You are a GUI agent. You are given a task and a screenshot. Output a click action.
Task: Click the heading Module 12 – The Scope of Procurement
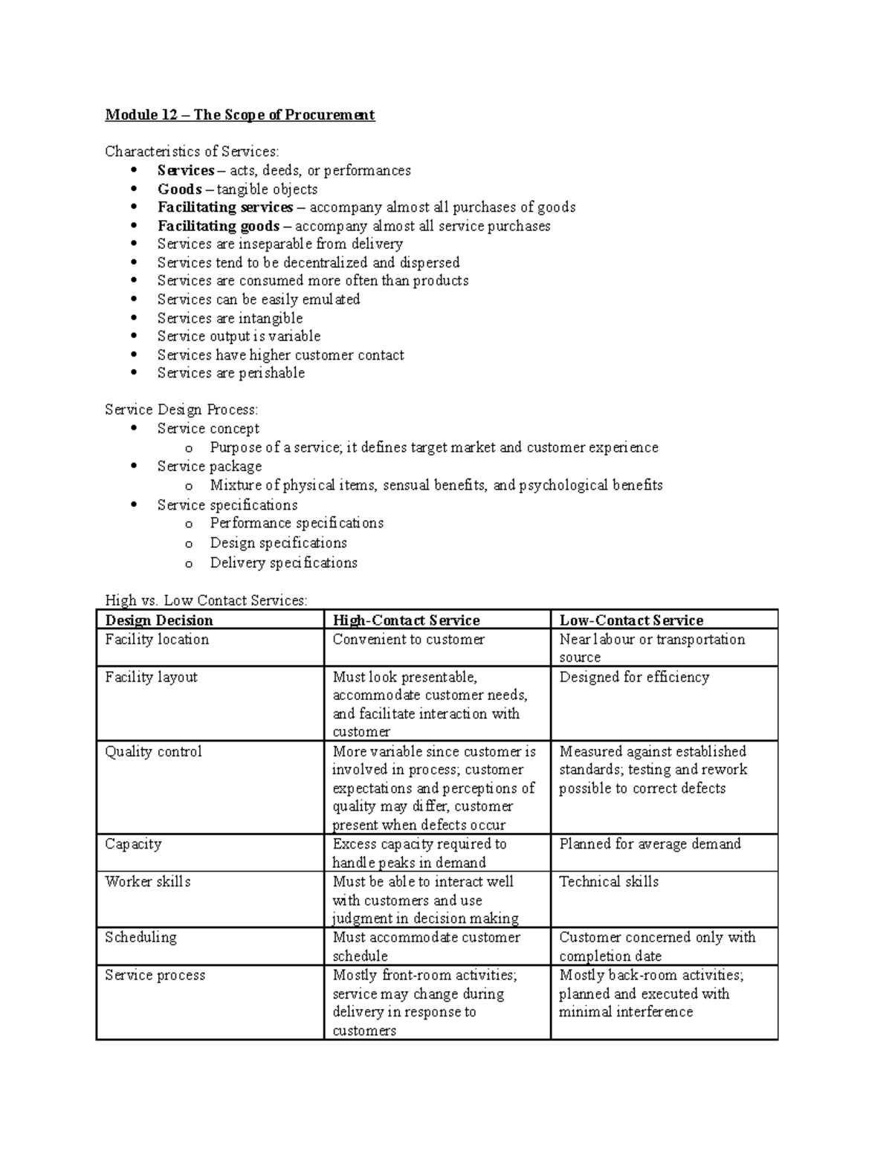click(239, 115)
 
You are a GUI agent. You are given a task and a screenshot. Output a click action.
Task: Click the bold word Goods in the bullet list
click(179, 189)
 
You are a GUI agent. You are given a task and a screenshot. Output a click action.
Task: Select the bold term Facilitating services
click(224, 207)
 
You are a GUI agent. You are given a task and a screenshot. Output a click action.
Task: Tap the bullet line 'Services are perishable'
click(230, 373)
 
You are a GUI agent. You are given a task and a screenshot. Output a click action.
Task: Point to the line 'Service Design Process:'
click(181, 409)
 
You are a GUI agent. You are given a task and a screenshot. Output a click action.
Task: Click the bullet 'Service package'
click(209, 467)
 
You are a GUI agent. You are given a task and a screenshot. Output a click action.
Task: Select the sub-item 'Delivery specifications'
click(283, 563)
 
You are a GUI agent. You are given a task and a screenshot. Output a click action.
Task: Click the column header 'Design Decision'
click(159, 620)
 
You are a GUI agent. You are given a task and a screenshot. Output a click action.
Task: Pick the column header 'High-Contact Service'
click(406, 620)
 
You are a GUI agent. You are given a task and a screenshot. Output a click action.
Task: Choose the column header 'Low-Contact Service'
click(631, 620)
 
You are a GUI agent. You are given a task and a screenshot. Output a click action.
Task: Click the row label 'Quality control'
click(153, 751)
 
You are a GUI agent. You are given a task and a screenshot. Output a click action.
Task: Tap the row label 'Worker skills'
click(147, 881)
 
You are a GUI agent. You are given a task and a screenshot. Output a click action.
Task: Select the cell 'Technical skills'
click(609, 881)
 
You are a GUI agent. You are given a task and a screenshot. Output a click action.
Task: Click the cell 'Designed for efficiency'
click(634, 677)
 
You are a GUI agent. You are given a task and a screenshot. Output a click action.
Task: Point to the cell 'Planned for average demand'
click(650, 844)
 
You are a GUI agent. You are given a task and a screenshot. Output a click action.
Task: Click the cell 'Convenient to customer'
click(408, 639)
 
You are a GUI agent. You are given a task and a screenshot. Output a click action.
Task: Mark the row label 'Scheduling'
click(140, 937)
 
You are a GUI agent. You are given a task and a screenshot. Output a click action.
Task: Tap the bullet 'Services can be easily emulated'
click(258, 299)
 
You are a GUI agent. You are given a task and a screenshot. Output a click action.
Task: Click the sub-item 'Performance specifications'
click(297, 523)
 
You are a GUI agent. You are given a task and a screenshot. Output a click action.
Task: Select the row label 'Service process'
click(155, 975)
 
